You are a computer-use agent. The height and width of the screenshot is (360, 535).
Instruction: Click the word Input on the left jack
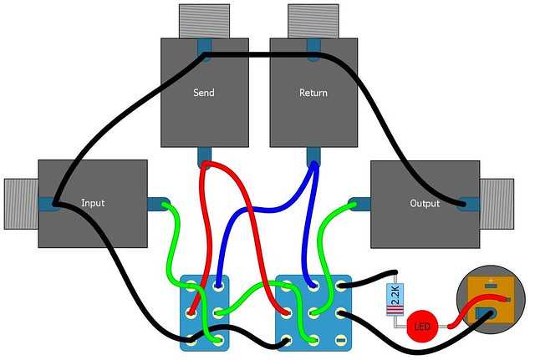(93, 203)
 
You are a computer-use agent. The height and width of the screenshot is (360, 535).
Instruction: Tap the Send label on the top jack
(203, 92)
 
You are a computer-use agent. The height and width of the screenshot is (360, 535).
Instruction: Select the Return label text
(313, 92)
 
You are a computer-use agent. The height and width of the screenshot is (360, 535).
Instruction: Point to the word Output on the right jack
(425, 203)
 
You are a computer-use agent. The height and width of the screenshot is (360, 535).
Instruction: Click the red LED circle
(422, 326)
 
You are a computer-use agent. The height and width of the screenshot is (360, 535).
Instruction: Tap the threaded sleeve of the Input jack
(21, 203)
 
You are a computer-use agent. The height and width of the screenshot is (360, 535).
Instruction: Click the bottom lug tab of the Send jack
(204, 155)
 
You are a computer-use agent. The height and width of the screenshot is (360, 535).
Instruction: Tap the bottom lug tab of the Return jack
(313, 155)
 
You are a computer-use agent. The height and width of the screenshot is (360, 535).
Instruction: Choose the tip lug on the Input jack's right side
(158, 203)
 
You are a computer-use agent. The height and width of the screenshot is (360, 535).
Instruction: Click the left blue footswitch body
(205, 312)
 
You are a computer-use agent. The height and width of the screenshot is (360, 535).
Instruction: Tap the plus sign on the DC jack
(491, 281)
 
